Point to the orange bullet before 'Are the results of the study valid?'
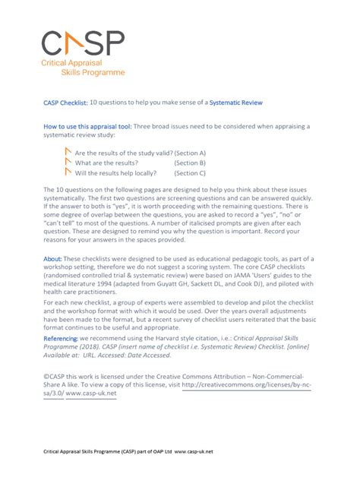68,151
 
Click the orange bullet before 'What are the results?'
68,161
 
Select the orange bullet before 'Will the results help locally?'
68,172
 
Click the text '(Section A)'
190,153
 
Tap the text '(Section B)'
190,163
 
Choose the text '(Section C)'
190,172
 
